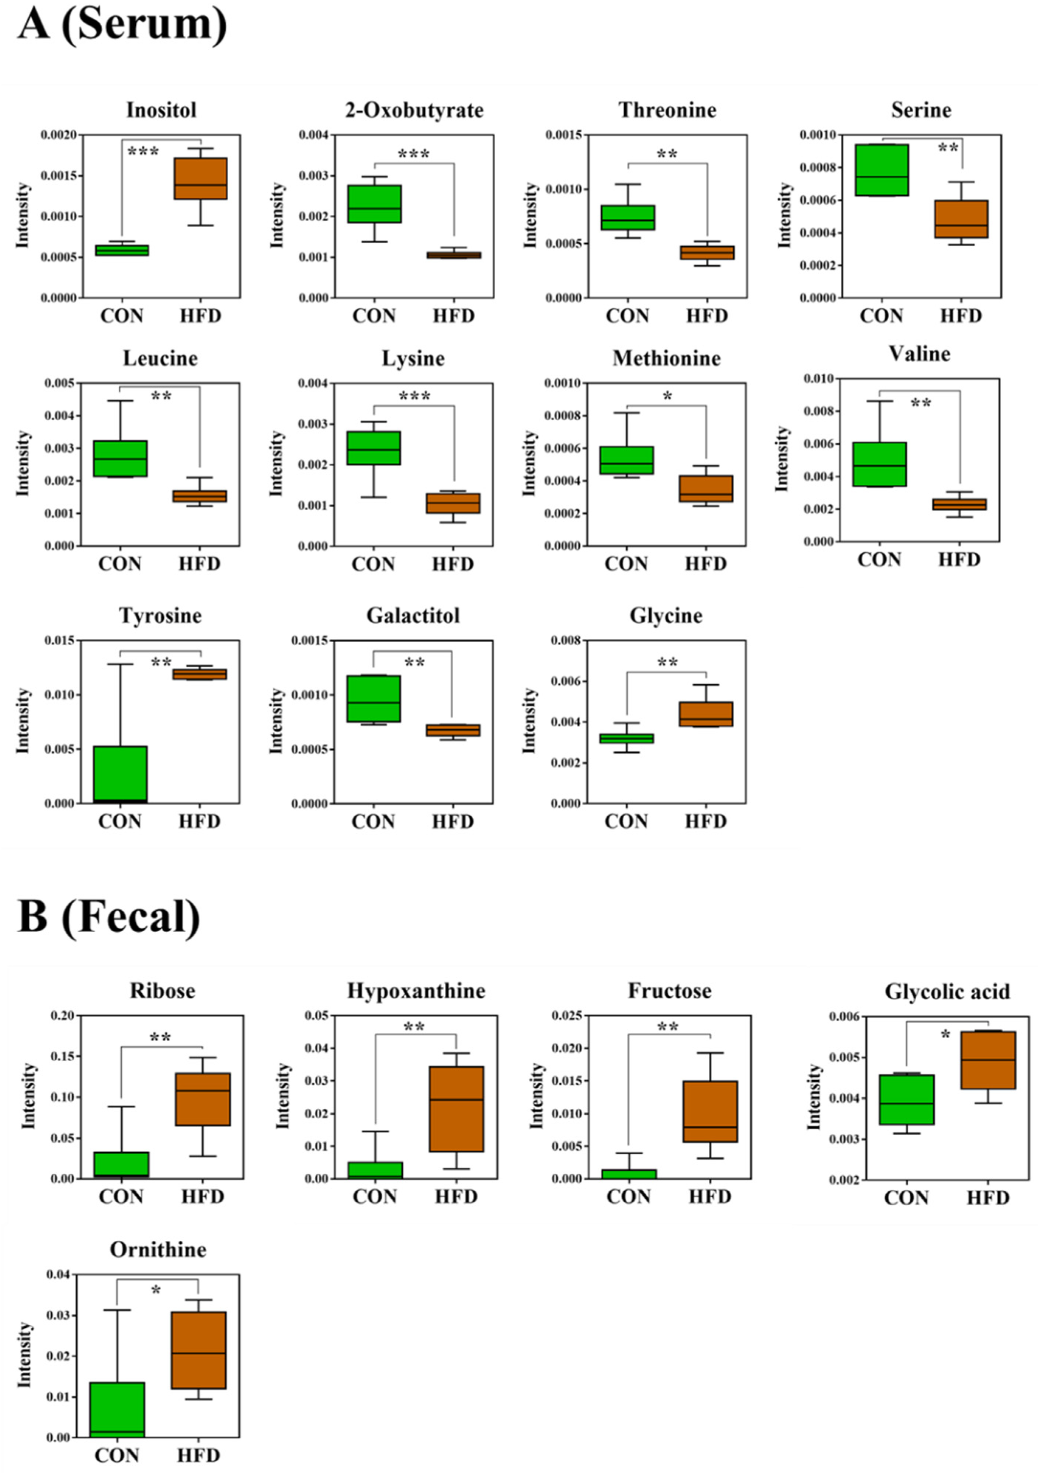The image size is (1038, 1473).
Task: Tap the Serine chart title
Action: click(x=921, y=110)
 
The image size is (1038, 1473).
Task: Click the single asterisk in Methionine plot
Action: click(x=667, y=396)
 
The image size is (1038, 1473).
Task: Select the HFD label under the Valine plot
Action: click(x=960, y=560)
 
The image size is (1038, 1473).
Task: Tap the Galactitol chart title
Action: click(x=413, y=616)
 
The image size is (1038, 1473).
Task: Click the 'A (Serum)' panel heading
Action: click(x=122, y=26)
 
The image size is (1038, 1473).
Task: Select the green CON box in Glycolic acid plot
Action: click(x=906, y=1099)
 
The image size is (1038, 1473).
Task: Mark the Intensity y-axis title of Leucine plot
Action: click(x=23, y=463)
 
